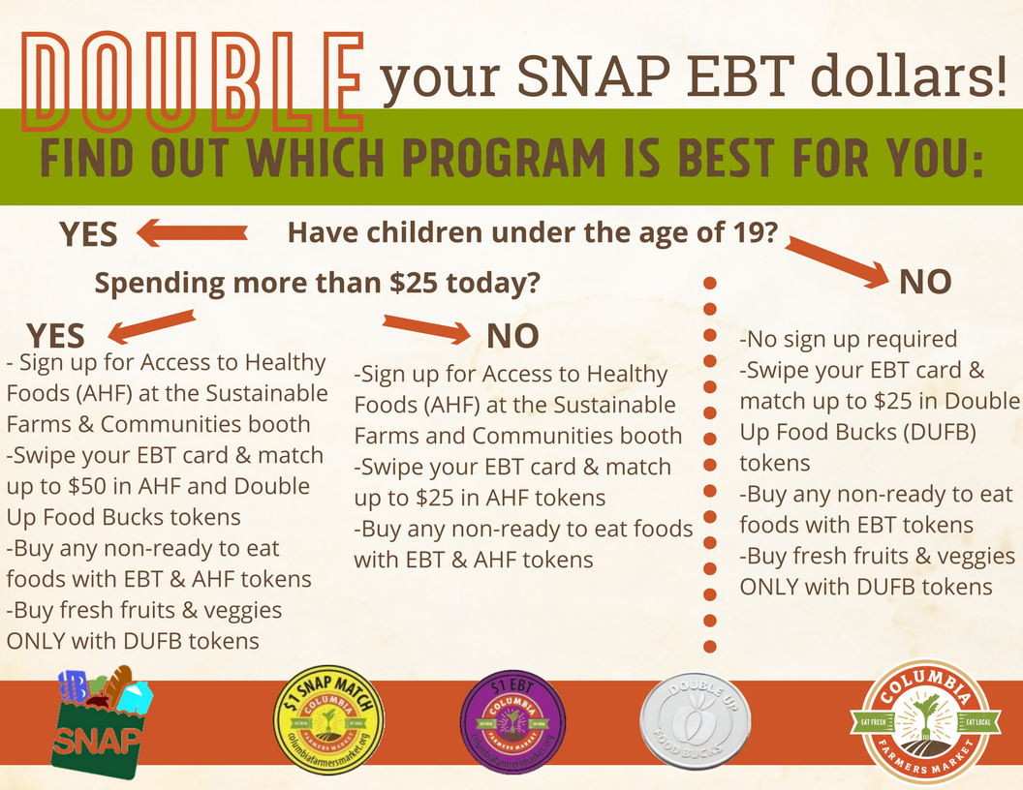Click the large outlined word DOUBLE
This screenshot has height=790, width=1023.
[193, 81]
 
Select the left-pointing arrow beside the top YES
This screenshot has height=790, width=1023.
[192, 232]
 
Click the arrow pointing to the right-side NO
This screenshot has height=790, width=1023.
[837, 262]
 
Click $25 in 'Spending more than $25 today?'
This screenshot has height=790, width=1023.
[415, 283]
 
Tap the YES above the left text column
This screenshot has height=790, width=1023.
[55, 336]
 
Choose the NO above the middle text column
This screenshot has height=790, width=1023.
[512, 336]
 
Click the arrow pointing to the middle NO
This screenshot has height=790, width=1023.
[426, 328]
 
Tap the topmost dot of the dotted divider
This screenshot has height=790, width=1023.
[710, 283]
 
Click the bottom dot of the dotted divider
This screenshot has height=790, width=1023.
[710, 646]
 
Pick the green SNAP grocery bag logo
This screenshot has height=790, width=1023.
[102, 722]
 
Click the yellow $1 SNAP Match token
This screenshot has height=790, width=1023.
[328, 721]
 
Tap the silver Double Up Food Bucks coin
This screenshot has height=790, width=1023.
[696, 721]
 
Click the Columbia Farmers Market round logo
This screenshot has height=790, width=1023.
[926, 722]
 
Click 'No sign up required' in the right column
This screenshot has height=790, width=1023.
[849, 339]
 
